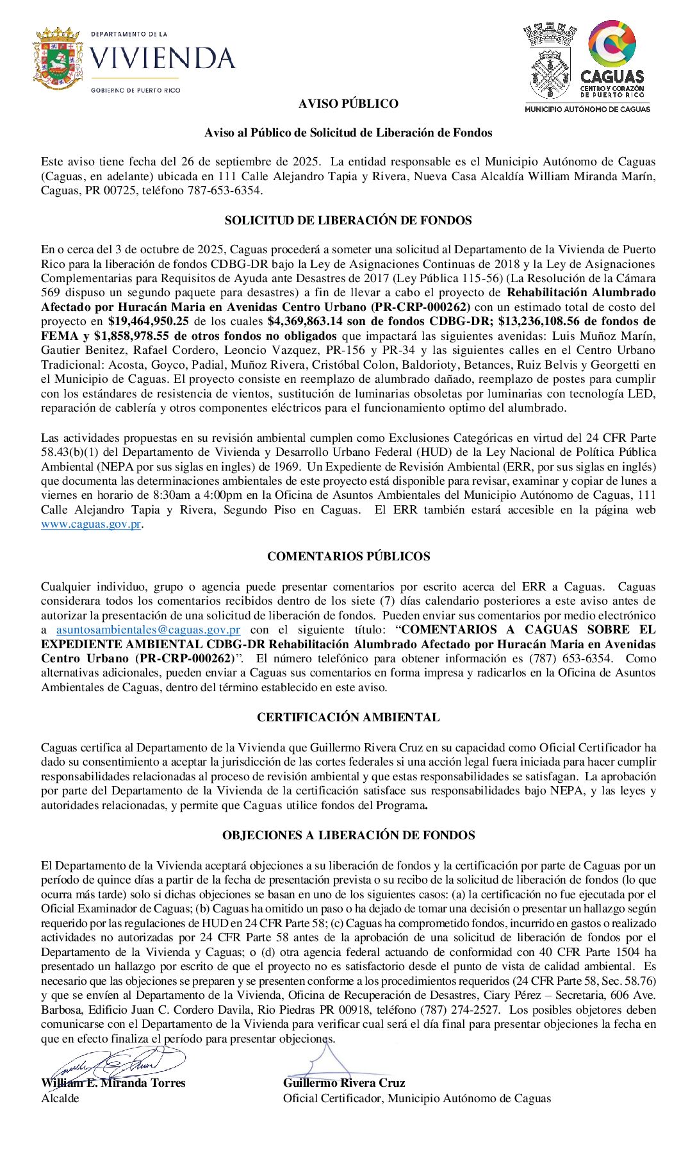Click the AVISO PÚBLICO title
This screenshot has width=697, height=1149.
[348, 104]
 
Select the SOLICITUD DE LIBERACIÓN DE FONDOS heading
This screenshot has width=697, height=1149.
[348, 221]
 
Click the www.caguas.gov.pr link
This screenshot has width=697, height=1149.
[90, 524]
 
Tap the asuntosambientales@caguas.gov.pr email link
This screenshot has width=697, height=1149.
[148, 630]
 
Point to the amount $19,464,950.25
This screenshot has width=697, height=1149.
[148, 321]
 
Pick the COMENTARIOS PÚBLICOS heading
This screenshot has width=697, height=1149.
[348, 557]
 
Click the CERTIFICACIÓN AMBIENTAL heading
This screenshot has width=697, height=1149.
[348, 717]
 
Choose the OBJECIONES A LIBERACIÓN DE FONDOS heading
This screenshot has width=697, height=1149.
[348, 835]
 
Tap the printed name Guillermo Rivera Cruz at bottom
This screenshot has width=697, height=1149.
[344, 1083]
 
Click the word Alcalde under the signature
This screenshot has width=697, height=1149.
[60, 1098]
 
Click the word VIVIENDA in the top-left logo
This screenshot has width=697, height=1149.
[162, 58]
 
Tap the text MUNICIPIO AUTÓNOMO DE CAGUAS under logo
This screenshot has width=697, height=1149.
[587, 110]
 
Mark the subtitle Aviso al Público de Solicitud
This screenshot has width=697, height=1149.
[348, 133]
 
